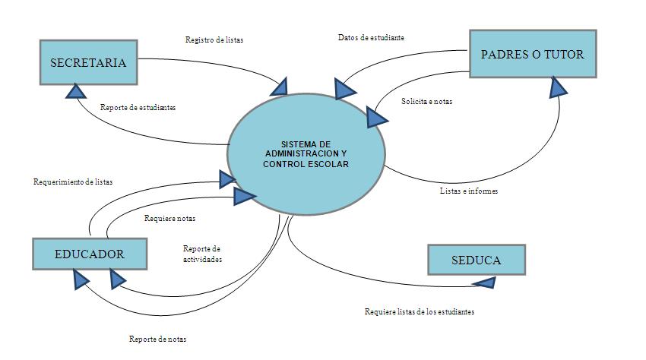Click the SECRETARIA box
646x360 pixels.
click(x=88, y=62)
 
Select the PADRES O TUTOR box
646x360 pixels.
click(x=533, y=54)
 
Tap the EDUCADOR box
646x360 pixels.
click(x=89, y=254)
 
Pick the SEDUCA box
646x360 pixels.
click(x=476, y=260)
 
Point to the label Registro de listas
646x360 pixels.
click(x=214, y=39)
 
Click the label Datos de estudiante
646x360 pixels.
click(x=371, y=37)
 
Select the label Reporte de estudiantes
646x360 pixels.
click(x=138, y=108)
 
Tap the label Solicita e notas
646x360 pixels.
click(x=426, y=101)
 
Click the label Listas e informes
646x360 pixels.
click(x=469, y=191)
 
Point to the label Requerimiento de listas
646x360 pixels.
click(x=73, y=182)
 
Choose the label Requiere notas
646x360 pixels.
click(x=169, y=219)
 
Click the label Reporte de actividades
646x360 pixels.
click(x=202, y=254)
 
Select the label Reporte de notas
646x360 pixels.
click(x=157, y=339)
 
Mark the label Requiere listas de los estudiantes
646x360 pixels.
click(x=420, y=312)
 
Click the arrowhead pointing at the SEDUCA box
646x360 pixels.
click(x=483, y=283)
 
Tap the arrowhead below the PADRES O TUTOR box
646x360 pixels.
click(x=559, y=87)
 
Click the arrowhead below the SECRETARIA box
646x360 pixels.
click(x=77, y=91)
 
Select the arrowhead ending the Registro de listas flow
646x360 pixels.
click(x=279, y=86)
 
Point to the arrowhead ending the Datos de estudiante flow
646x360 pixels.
click(x=344, y=88)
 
